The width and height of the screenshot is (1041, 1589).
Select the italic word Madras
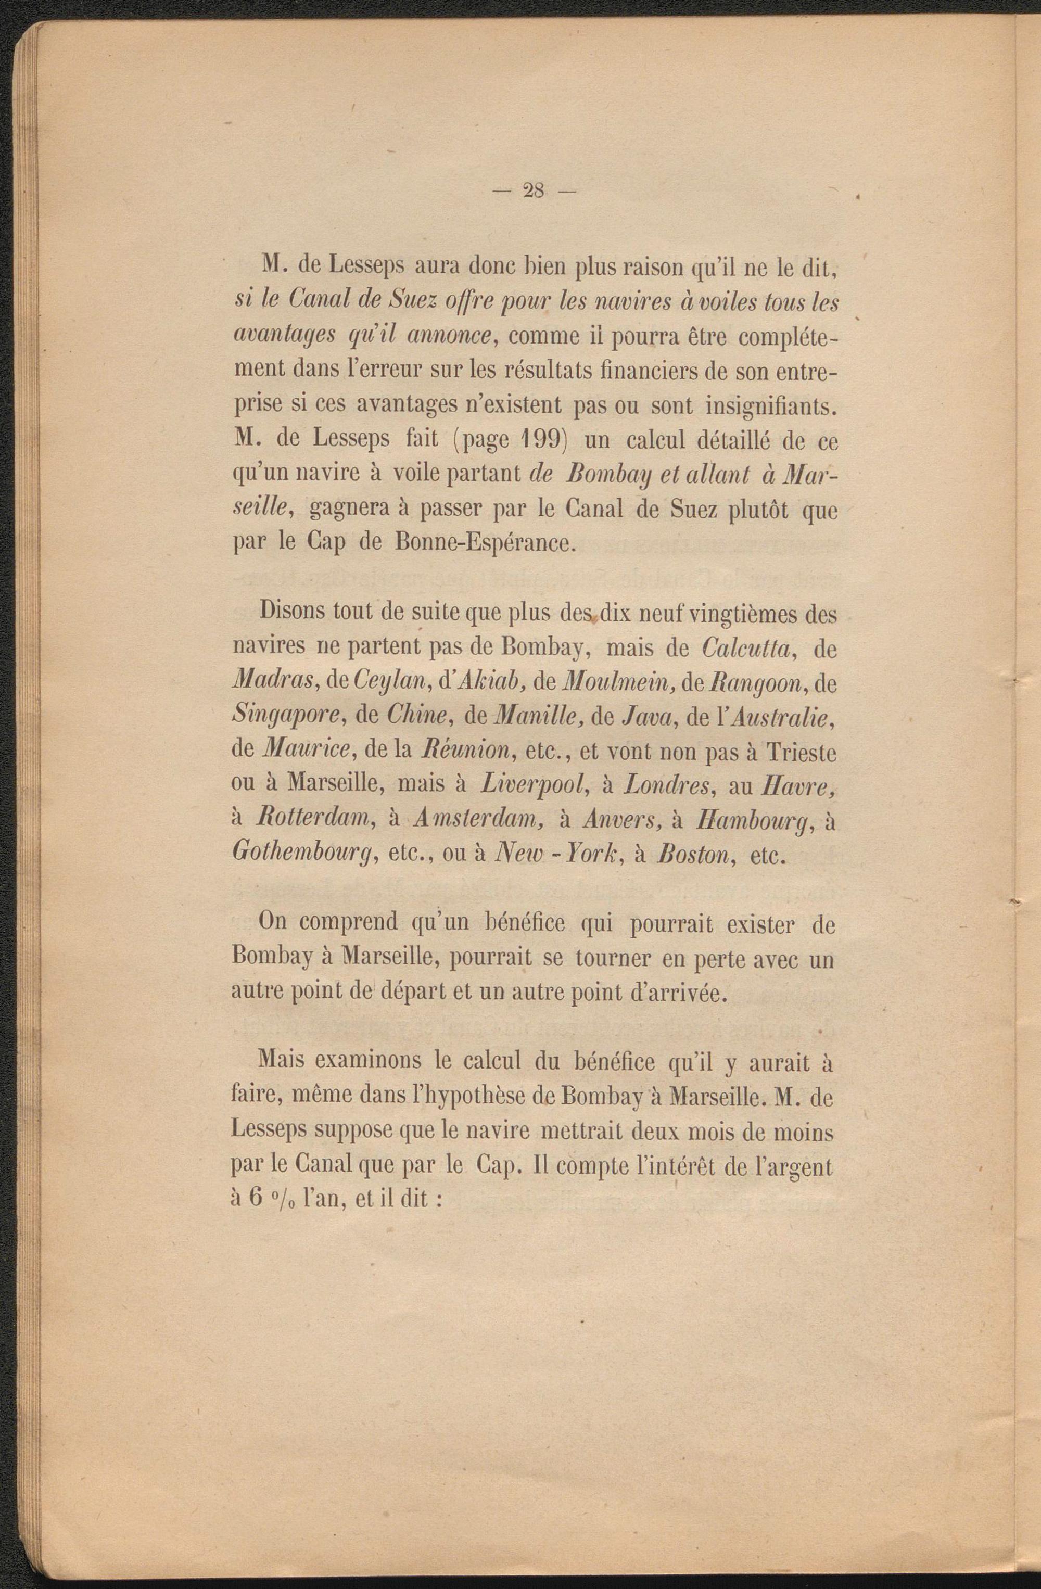(x=267, y=683)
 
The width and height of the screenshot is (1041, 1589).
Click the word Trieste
(x=801, y=752)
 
